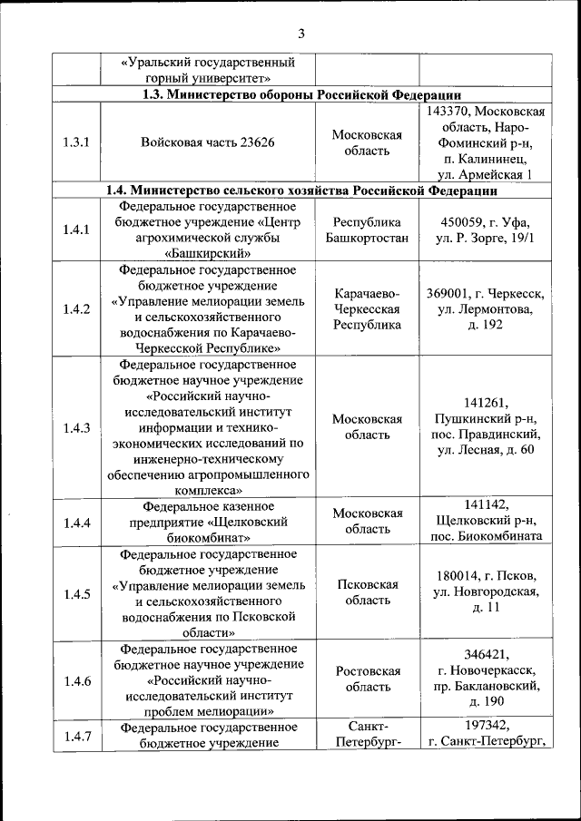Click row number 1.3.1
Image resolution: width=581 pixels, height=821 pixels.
pyautogui.click(x=76, y=142)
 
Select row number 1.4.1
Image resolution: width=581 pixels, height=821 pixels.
pyautogui.click(x=76, y=230)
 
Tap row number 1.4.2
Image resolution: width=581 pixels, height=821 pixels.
pyautogui.click(x=76, y=308)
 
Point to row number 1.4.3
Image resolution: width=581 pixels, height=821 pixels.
pyautogui.click(x=76, y=428)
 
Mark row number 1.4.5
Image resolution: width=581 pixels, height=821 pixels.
pyautogui.click(x=76, y=593)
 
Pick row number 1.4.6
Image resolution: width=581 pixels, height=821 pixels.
pyautogui.click(x=76, y=680)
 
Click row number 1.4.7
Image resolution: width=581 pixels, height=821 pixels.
pyautogui.click(x=76, y=736)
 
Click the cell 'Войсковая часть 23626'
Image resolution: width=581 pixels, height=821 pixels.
pyautogui.click(x=208, y=142)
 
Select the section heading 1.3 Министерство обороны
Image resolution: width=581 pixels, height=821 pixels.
pyautogui.click(x=300, y=94)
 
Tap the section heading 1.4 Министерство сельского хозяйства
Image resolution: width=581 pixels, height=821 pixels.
pyautogui.click(x=300, y=191)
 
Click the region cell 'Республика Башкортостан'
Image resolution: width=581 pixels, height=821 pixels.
pyautogui.click(x=367, y=230)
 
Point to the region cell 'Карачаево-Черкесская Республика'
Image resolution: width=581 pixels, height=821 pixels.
pyautogui.click(x=367, y=308)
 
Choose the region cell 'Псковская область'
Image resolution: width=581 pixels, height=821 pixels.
pyautogui.click(x=367, y=593)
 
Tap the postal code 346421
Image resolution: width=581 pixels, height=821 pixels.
pyautogui.click(x=486, y=656)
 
